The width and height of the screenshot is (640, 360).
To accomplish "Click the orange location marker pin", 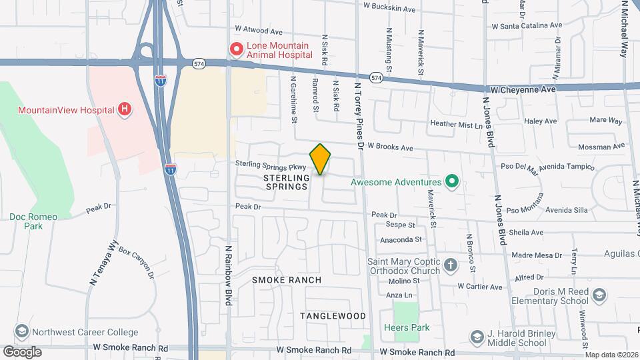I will coord(320,159).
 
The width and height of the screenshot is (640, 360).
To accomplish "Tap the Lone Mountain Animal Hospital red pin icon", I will coord(235,49).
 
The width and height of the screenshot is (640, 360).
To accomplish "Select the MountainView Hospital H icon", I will coord(123,109).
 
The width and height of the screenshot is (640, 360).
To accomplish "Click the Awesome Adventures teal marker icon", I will coord(452,181).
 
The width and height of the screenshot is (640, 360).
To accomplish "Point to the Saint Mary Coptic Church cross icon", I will coord(451,265).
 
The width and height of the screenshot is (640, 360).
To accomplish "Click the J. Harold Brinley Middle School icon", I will coord(477,335).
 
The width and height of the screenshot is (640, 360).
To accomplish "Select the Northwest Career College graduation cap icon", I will coord(22,332).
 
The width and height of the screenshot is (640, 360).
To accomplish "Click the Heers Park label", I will coord(407,327).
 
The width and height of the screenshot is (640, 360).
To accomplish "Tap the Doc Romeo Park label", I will coord(33,221).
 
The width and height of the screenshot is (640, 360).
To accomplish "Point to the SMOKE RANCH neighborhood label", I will coord(287,280).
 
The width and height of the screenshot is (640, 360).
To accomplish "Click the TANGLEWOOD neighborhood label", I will coord(333,315).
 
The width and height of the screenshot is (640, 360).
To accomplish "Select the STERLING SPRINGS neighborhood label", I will coord(287,182).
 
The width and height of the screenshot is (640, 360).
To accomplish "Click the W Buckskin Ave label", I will coord(389,9).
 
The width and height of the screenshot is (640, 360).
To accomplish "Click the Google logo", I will coord(22,351).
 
